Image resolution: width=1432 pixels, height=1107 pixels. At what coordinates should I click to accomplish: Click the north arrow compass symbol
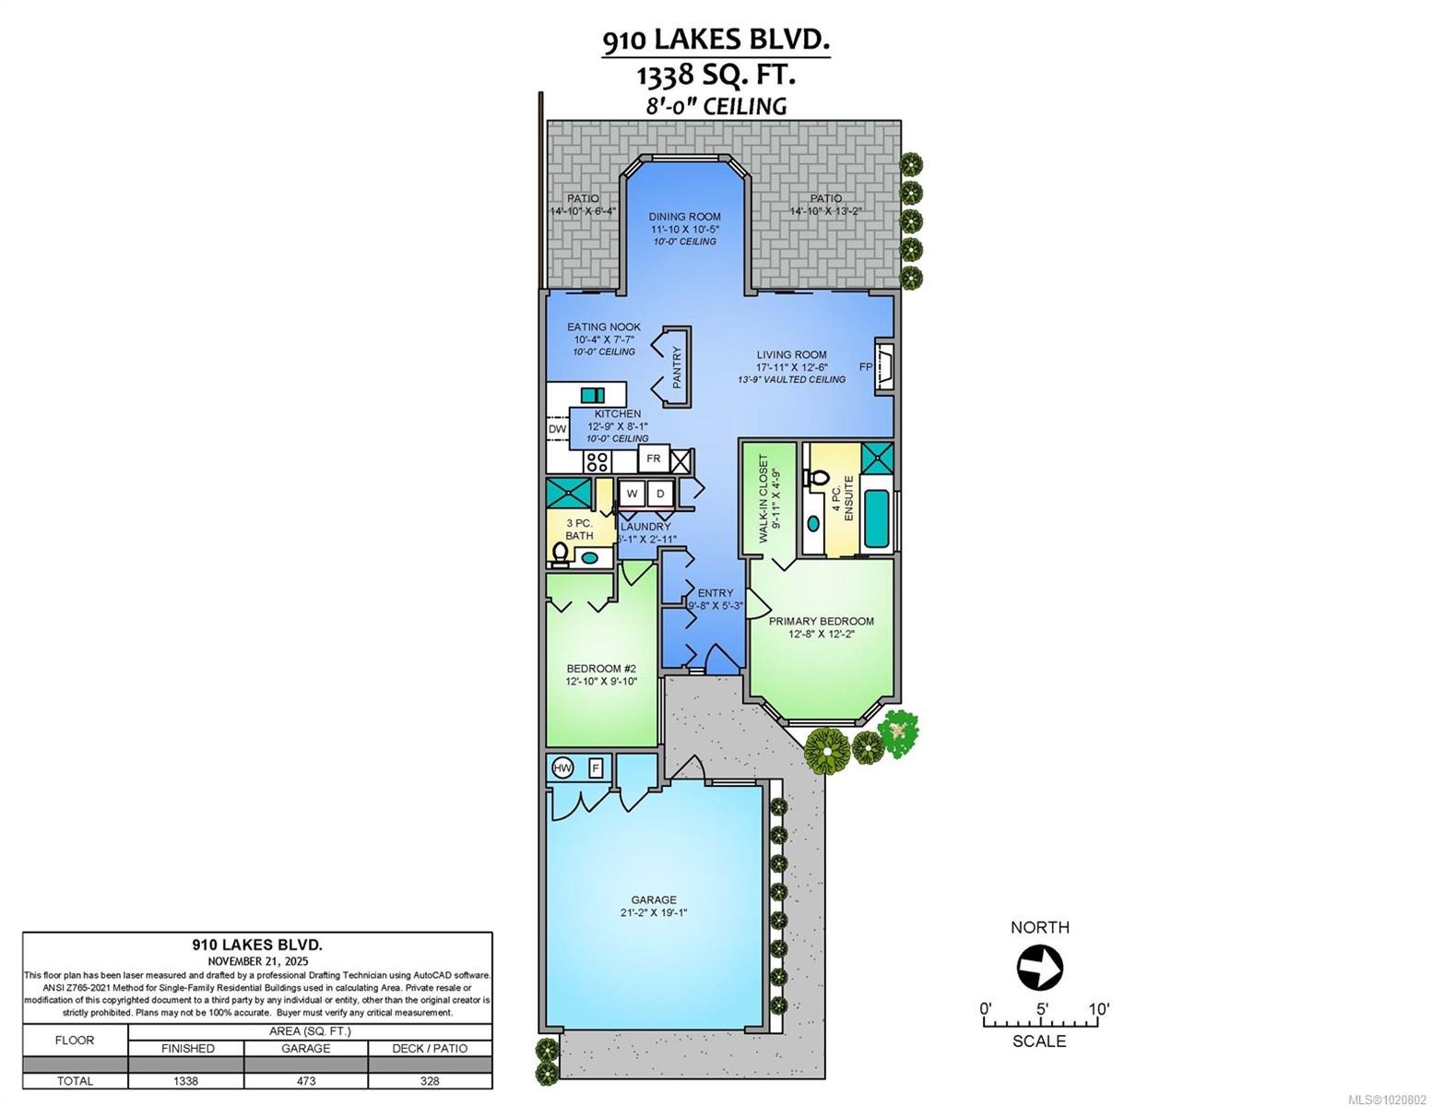1039,968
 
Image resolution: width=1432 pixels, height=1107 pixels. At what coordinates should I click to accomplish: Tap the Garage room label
654,899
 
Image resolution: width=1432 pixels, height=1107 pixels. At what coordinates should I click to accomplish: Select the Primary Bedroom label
822,621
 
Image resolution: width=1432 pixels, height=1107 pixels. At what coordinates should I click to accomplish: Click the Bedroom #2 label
601,669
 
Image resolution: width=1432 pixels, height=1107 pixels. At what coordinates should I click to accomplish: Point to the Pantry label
676,366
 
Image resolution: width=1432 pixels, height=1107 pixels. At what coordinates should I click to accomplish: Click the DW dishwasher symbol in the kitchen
557,429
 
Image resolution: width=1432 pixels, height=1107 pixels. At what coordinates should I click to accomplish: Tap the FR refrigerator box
654,458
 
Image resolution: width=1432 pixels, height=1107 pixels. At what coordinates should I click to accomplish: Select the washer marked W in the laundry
633,494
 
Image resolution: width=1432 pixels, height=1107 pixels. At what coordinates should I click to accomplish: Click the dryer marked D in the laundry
660,494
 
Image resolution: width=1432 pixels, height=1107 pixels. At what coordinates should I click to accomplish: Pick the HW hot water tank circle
562,768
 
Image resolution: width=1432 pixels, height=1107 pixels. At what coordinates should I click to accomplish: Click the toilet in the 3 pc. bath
560,553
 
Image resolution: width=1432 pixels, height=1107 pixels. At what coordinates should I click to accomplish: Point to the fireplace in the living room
883,366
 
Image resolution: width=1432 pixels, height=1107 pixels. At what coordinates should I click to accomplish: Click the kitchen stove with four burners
598,460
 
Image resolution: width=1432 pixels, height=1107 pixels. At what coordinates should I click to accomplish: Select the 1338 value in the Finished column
186,1080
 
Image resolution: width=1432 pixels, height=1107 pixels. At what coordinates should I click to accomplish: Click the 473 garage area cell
305,1080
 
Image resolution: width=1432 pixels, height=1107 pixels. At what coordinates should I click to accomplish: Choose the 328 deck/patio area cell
430,1080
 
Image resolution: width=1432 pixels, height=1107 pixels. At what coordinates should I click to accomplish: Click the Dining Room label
684,217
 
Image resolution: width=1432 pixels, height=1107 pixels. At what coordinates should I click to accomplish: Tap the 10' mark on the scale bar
1097,1009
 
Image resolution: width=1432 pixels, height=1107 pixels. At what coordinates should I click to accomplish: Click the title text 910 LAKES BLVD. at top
716,40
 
